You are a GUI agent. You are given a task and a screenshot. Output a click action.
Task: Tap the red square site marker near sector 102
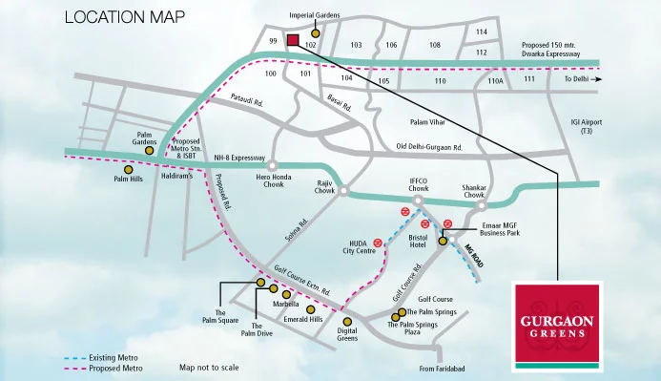293,40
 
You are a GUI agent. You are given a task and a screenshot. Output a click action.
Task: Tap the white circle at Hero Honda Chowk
272,164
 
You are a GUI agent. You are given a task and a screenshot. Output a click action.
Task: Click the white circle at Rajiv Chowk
343,191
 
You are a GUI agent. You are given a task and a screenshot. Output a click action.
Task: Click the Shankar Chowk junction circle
482,204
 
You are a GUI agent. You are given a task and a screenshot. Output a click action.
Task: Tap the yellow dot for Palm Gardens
149,150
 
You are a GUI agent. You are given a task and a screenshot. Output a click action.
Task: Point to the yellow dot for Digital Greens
347,322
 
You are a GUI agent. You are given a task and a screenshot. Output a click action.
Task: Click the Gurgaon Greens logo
556,325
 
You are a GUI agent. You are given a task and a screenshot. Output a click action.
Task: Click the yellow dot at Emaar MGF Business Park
443,242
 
